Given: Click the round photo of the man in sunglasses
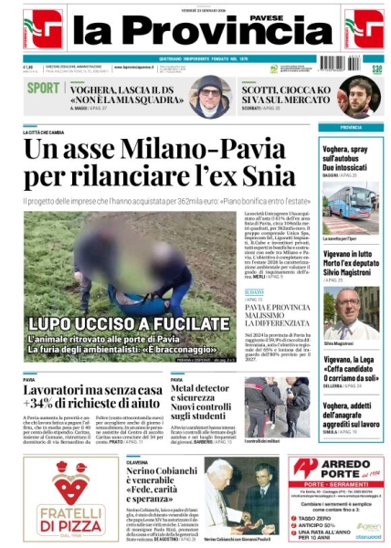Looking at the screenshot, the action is click(x=210, y=96).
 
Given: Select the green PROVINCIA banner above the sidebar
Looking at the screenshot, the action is click(x=352, y=127).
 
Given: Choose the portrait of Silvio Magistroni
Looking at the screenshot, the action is click(x=352, y=312).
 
